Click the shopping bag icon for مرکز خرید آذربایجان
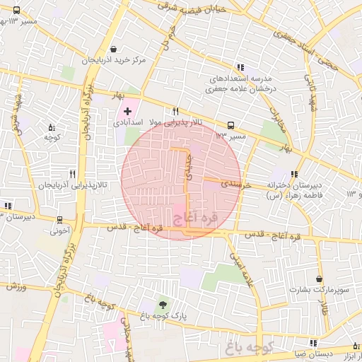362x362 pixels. point(115,49)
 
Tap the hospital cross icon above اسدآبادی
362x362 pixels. point(127,110)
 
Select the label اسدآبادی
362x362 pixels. point(128,122)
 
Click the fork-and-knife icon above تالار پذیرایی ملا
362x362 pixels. point(175,111)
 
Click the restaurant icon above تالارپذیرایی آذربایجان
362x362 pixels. point(72,173)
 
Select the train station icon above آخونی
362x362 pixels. point(60,219)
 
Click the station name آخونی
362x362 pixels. point(60,230)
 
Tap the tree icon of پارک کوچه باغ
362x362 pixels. point(164,304)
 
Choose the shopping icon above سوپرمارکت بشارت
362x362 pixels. point(320,279)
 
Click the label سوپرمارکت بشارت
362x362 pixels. point(320,290)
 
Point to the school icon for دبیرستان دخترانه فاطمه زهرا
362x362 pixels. point(294,174)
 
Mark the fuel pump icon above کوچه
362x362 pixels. point(52,127)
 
